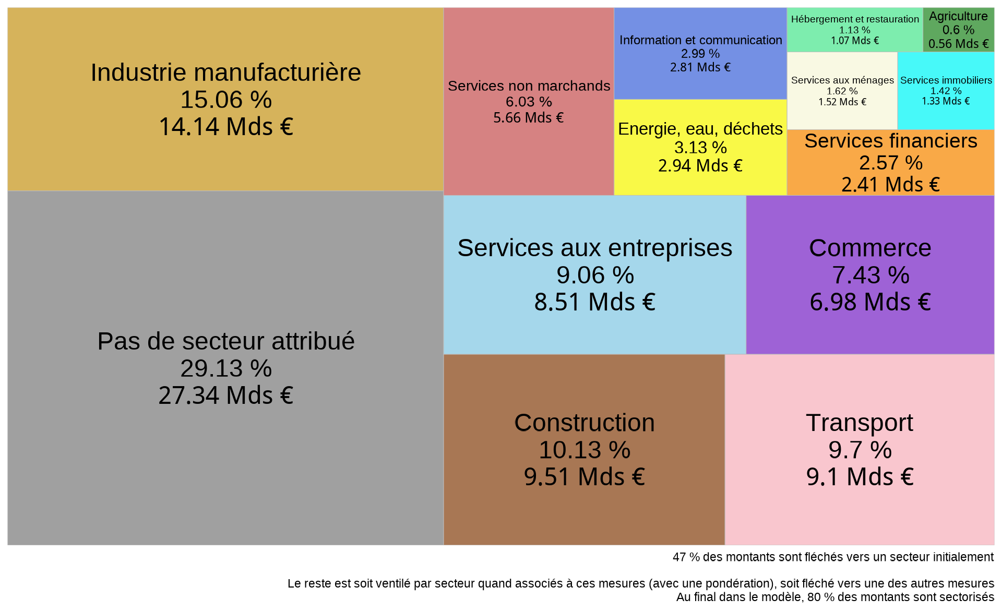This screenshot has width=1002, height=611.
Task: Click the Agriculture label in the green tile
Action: tap(958, 17)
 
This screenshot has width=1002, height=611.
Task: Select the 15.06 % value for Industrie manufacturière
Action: tap(226, 100)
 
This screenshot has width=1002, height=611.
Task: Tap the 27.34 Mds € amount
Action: tap(226, 396)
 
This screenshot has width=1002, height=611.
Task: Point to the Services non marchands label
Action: tap(529, 86)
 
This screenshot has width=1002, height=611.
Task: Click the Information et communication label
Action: tap(700, 40)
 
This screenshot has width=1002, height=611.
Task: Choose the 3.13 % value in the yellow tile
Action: tap(700, 148)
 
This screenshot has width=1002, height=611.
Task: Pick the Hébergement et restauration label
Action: tap(855, 19)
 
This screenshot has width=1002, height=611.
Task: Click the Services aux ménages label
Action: tap(842, 80)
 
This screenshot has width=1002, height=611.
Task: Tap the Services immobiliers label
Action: tap(946, 80)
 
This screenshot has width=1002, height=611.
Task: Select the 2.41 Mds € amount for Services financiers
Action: tap(890, 185)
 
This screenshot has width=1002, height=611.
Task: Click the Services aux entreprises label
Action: tap(594, 248)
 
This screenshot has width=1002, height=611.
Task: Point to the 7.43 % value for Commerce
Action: tap(870, 275)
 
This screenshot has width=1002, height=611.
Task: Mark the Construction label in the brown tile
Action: tap(584, 423)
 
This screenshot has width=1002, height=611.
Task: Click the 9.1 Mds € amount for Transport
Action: tap(860, 477)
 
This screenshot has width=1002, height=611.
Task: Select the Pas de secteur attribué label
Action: tap(226, 342)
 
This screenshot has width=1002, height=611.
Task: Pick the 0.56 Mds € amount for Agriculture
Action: tap(958, 44)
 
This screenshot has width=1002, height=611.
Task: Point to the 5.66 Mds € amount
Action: tap(529, 118)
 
